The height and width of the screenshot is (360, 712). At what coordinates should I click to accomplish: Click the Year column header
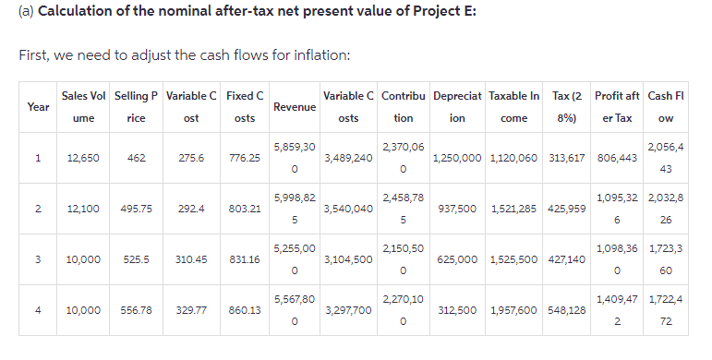pyautogui.click(x=39, y=107)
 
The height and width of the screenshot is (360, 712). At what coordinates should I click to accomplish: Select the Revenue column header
pyautogui.click(x=295, y=107)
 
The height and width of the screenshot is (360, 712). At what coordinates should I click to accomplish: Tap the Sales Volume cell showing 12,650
pyautogui.click(x=84, y=158)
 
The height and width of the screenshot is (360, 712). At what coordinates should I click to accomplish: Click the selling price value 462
pyautogui.click(x=135, y=158)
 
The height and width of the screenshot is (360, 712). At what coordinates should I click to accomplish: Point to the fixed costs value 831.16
pyautogui.click(x=245, y=260)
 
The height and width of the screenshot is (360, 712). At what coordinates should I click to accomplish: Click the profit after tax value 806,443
pyautogui.click(x=616, y=158)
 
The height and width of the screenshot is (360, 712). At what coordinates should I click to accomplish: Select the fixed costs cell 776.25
pyautogui.click(x=245, y=158)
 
